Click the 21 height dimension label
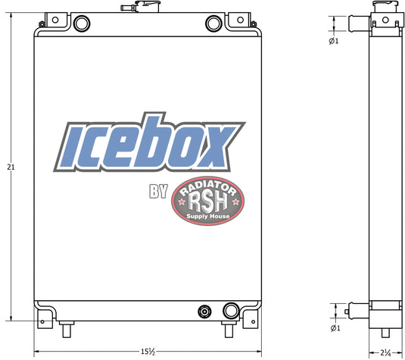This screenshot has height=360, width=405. pos(11,167)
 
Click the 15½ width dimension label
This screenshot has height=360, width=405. pos(148,352)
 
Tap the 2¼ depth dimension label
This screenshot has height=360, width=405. pos(385,352)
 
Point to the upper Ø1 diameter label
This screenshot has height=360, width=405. pos(334,41)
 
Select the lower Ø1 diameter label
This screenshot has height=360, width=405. pos(335,328)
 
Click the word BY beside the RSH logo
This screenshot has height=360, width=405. pos(158,191)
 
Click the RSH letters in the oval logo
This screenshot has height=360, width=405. pos(208,202)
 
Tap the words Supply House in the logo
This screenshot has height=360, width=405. pos(208,216)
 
